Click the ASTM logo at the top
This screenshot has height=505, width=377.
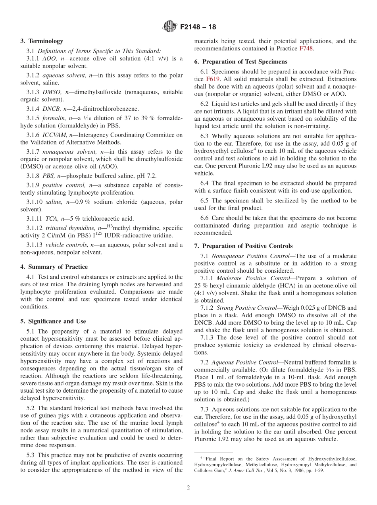click(x=169, y=27)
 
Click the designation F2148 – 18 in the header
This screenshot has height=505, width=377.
click(x=198, y=27)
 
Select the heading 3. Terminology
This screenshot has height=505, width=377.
click(x=42, y=41)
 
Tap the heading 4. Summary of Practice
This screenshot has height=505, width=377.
click(x=54, y=267)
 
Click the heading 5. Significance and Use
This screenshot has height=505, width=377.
click(x=53, y=321)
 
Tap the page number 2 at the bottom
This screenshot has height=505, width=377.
click(x=188, y=488)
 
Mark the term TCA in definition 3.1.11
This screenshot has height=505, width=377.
click(x=51, y=218)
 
